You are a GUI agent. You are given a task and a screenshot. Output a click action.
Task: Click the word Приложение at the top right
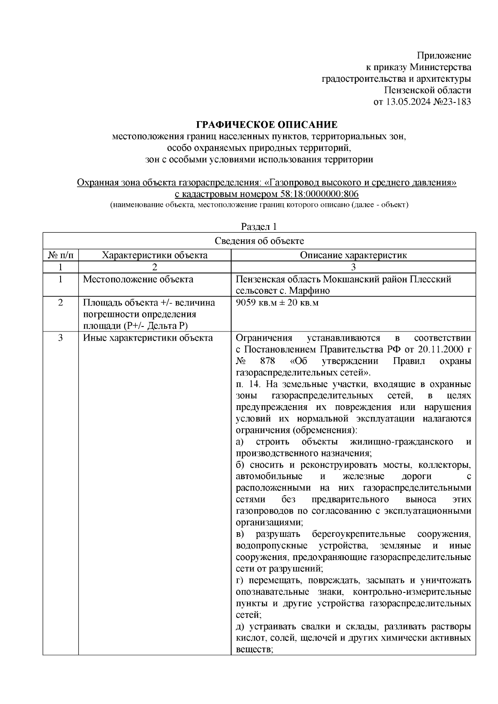pos(444,56)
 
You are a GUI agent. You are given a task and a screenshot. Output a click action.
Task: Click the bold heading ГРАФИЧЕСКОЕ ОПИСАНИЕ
pos(266,125)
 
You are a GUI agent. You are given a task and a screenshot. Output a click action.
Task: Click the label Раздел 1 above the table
pos(259,227)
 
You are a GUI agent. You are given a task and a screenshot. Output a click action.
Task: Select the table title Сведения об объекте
pos(259,241)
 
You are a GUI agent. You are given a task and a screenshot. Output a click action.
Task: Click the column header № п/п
pos(61,255)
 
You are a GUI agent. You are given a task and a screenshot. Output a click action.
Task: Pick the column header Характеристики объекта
pos(154,255)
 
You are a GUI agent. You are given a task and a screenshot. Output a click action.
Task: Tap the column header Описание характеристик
pos(353,255)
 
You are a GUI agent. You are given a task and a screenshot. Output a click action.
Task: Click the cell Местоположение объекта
pos(138,279)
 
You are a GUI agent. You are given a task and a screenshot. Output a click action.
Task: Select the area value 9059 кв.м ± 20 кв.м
pos(277,303)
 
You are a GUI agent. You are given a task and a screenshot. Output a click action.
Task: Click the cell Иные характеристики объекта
pos(148,338)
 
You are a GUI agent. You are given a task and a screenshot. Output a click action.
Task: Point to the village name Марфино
pos(310,291)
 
